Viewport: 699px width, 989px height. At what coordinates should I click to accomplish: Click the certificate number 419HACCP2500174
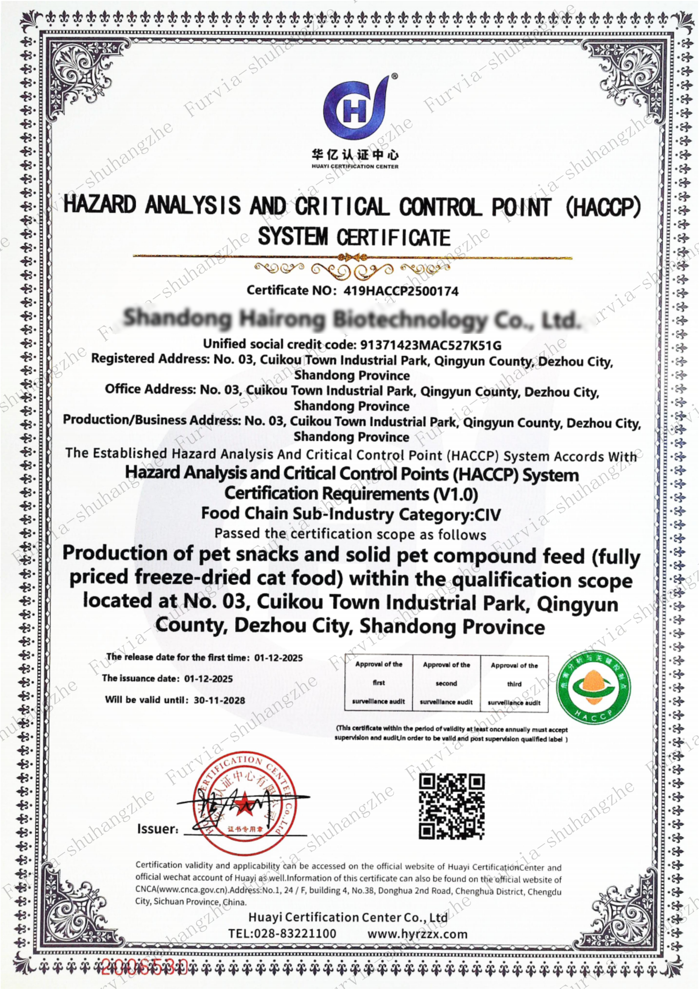coord(401,291)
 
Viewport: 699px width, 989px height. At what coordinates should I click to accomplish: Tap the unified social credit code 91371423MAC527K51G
coord(430,345)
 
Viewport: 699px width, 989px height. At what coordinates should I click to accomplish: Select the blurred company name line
coord(350,319)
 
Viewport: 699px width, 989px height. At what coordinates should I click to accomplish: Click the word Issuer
coord(157,829)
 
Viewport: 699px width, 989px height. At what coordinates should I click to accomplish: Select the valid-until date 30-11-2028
coord(219,700)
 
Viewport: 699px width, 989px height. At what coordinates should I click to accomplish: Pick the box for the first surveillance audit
coord(378,683)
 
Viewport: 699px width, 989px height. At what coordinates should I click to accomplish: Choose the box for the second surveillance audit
coord(446,683)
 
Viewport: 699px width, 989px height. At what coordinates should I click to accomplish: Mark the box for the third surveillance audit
coord(514,684)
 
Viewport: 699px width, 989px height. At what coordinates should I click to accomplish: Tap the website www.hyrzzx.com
coord(417,934)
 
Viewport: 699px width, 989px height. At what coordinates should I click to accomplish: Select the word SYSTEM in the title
coord(293,236)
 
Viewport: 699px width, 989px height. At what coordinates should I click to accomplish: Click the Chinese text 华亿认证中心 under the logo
coord(355,155)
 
